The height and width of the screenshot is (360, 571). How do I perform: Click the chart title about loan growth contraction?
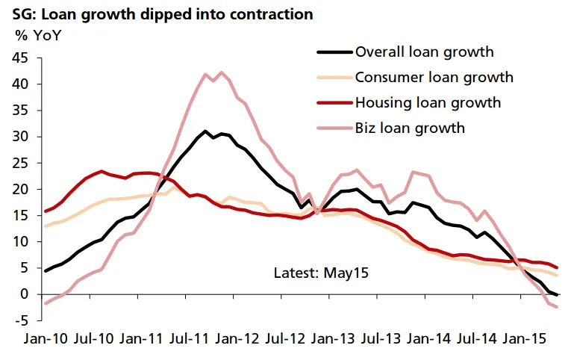pyautogui.click(x=157, y=14)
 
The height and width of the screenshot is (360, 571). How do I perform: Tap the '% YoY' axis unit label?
pyautogui.click(x=37, y=34)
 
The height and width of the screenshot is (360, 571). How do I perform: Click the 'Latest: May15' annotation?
pyautogui.click(x=322, y=273)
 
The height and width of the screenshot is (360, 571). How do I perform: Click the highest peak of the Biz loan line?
pyautogui.click(x=221, y=72)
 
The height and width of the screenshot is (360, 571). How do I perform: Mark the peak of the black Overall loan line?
pyautogui.click(x=205, y=131)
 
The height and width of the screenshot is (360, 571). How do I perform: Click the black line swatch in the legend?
pyautogui.click(x=334, y=52)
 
